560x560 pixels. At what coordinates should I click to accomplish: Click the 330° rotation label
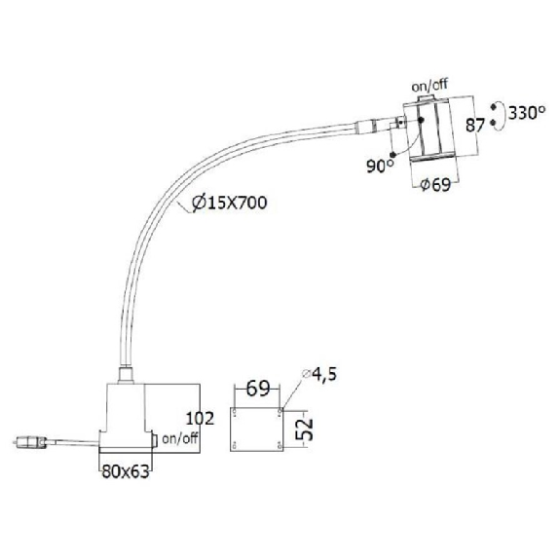[x=527, y=113]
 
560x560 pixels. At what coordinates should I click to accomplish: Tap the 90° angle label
[x=381, y=166]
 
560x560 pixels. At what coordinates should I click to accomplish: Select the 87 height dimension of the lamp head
[x=475, y=126]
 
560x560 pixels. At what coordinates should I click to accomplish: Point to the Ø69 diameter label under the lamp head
[x=435, y=185]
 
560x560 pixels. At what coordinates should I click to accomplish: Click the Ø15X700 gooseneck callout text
[x=230, y=203]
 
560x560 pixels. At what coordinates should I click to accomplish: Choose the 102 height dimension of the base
[x=200, y=418]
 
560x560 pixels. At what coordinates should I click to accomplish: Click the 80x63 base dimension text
[x=126, y=471]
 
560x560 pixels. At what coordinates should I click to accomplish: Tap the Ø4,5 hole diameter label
[x=319, y=374]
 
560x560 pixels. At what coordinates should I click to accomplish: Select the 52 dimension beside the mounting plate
[x=305, y=429]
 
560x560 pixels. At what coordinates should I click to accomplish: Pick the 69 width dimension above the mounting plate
[x=258, y=389]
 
